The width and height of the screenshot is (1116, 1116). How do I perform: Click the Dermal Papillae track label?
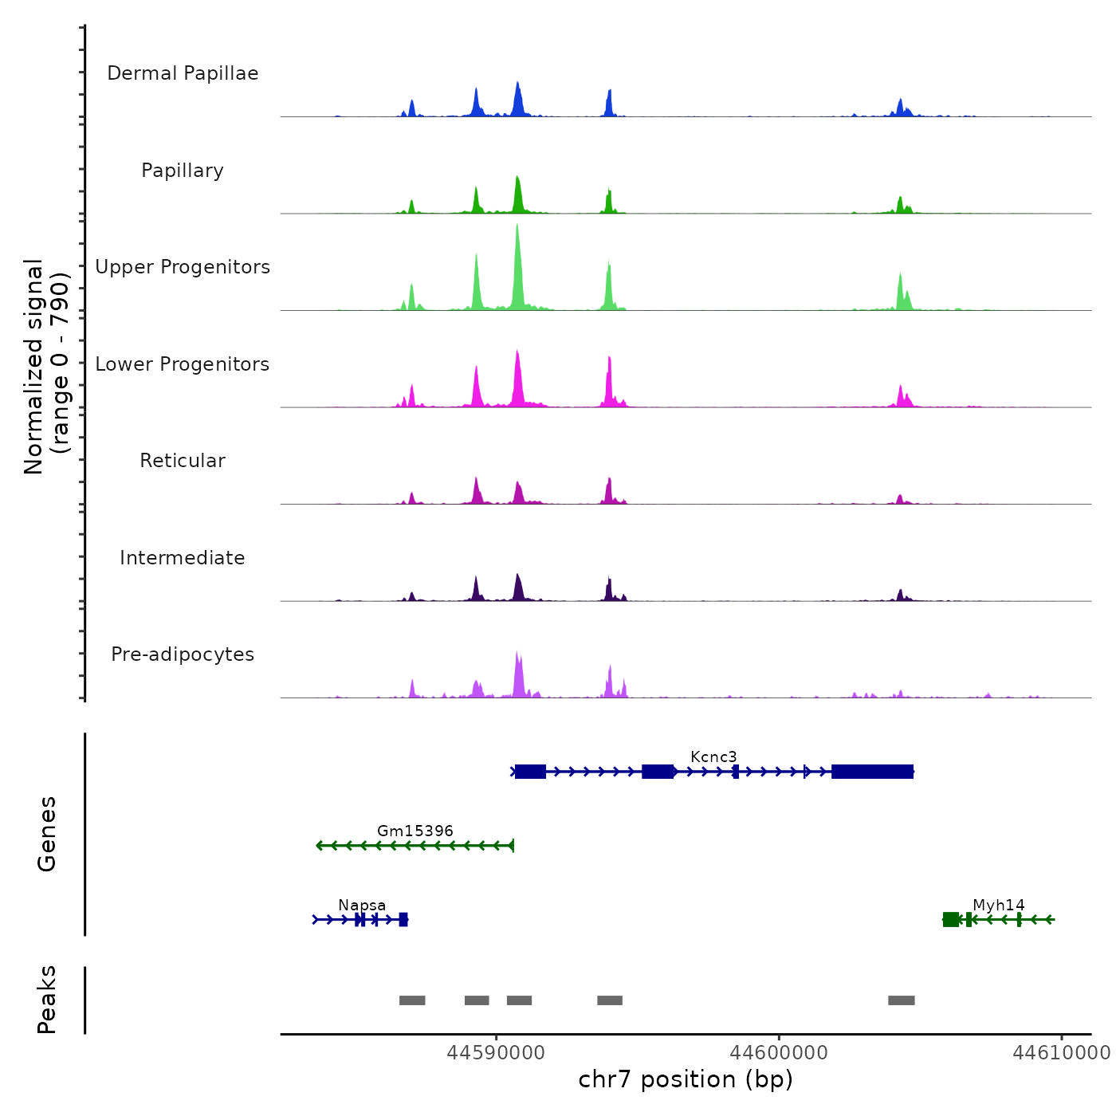(183, 73)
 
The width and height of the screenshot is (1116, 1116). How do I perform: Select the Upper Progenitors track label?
(183, 267)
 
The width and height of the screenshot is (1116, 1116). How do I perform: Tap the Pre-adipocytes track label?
(183, 654)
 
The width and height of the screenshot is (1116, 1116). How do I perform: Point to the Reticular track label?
(183, 461)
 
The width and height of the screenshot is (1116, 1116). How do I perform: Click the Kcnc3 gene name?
(713, 756)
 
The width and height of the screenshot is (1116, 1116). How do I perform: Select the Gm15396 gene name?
(415, 831)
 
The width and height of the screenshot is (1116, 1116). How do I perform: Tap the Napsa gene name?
(362, 905)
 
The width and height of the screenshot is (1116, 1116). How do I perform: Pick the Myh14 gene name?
(998, 905)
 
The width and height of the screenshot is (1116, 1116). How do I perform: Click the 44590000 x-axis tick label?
(496, 1053)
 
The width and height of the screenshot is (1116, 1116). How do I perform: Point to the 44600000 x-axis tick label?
(779, 1053)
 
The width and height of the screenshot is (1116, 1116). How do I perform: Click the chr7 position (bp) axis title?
(686, 1079)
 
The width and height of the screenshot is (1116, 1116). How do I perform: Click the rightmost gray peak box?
(902, 1000)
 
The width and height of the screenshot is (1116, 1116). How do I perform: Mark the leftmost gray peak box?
(412, 1000)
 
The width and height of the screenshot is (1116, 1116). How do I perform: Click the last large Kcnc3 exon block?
(872, 772)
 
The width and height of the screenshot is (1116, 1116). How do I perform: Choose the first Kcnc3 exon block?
(530, 772)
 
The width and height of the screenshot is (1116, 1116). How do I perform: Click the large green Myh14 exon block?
(951, 920)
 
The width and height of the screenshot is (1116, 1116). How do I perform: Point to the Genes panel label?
(47, 834)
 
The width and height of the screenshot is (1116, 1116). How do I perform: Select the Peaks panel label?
(47, 1000)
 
